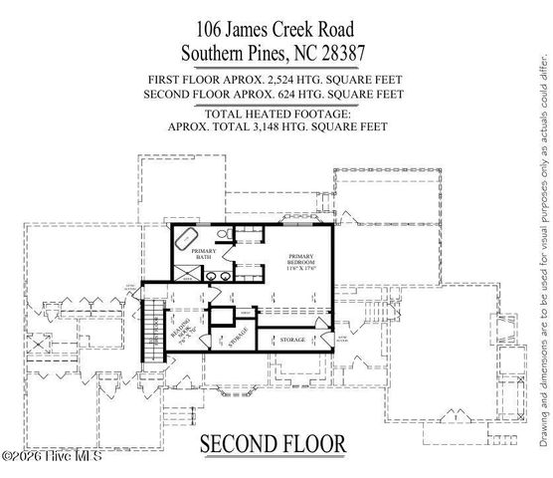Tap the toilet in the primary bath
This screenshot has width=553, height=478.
[x=227, y=235]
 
